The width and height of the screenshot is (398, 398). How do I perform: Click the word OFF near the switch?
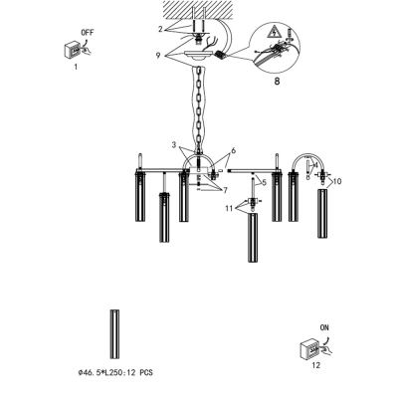pos(88,33)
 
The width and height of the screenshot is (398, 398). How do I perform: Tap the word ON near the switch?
pos(324,327)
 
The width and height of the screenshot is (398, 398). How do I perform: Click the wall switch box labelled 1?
pos(72,50)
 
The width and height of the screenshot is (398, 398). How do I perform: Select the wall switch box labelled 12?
pos(308,349)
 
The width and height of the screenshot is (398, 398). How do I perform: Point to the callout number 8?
pos(277,81)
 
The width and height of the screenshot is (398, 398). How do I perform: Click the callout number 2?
pos(160,29)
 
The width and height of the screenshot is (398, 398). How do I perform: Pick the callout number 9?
pos(158,56)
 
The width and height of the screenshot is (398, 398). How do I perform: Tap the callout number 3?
pos(174,144)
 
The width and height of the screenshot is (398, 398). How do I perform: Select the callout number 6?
pos(233,150)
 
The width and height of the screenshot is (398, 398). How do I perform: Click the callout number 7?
pos(225,190)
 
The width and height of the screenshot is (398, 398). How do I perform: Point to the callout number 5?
pos(264,182)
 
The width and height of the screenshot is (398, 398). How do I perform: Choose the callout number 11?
pos(229,208)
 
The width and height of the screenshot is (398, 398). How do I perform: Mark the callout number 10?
pos(337,181)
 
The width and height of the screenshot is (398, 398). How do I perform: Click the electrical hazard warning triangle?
pos(275,32)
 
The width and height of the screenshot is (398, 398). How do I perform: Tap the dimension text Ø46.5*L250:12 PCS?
pos(115,373)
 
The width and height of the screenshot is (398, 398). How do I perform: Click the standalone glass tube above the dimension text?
pos(114,334)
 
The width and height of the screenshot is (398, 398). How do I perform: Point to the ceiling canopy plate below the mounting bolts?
pos(199,54)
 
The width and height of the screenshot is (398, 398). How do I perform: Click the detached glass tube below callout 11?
pos(253,238)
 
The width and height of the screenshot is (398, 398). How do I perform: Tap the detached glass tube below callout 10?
pos(323,213)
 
